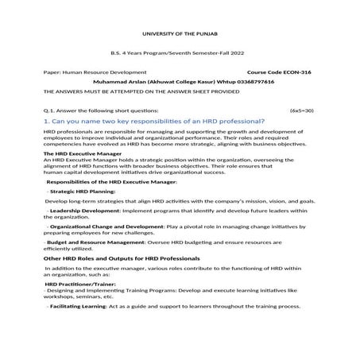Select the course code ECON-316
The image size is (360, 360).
pos(292,72)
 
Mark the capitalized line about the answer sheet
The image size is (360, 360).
pos(141,91)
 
